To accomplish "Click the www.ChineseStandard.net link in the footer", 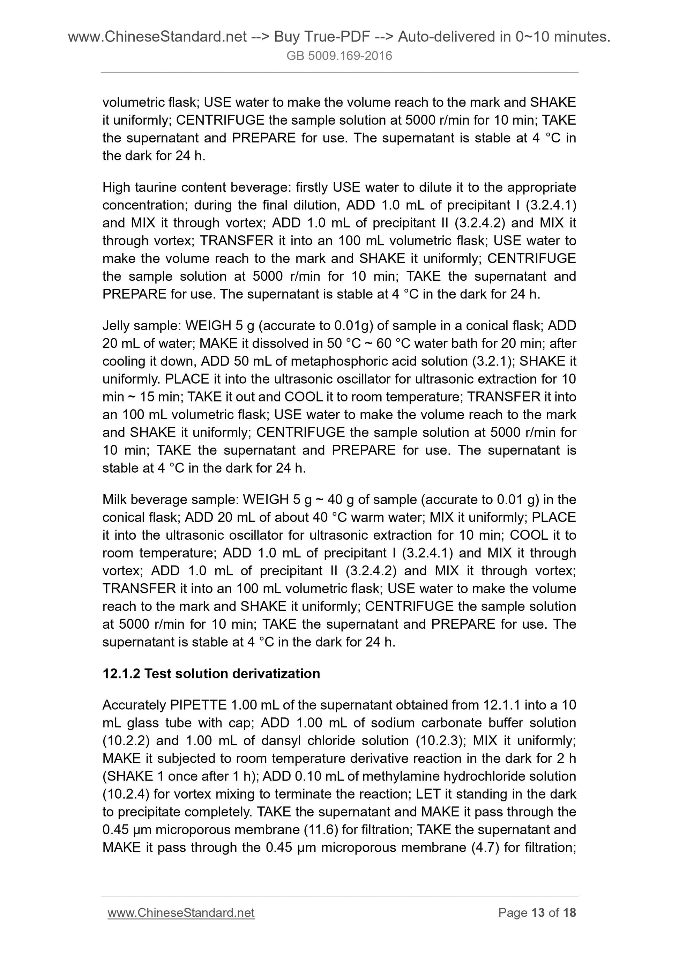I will (181, 912).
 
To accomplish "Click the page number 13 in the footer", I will (538, 912).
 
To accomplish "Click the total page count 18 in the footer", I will (569, 912).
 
